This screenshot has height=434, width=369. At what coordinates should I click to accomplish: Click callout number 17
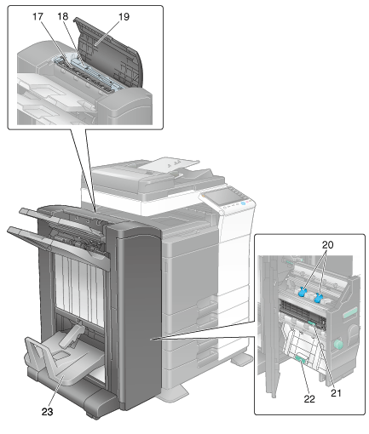coord(37,17)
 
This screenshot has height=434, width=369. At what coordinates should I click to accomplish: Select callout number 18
coord(63,16)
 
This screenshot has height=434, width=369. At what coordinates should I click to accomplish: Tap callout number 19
coord(124,17)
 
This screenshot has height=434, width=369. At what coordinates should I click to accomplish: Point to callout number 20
coord(327,244)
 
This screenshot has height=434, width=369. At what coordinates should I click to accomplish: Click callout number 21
coord(336,393)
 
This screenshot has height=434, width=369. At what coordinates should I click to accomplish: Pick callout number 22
coord(309,399)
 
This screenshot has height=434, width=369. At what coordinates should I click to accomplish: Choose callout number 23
coord(47,412)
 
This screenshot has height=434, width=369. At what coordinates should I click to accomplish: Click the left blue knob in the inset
coord(302,292)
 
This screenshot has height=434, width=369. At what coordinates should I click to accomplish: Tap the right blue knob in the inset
coord(319,298)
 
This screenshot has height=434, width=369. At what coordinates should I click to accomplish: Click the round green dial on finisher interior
coord(338,344)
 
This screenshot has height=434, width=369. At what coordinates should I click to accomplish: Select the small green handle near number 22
coord(301,360)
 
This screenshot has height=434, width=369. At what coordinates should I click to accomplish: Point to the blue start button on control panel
coord(243,203)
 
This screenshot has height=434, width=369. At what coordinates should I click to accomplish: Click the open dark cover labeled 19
coord(109,53)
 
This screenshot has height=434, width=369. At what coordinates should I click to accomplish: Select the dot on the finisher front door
coord(153,339)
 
